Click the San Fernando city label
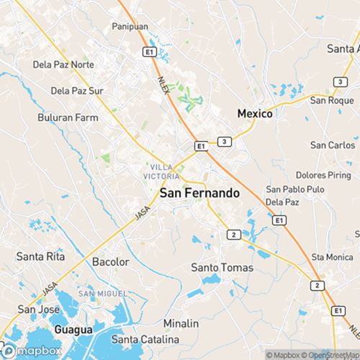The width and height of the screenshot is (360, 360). (199, 193)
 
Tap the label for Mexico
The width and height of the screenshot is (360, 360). (255, 114)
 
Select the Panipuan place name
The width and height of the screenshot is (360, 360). (130, 27)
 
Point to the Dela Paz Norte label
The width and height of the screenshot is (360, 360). (63, 64)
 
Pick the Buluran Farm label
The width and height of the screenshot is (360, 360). (68, 117)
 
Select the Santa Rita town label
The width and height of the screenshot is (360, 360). (40, 256)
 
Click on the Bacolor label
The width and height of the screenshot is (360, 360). (110, 261)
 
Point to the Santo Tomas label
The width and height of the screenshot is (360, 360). (222, 267)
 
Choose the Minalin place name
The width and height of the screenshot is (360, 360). (181, 323)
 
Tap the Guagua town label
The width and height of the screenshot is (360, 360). (73, 329)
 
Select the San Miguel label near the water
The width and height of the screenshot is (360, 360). (102, 293)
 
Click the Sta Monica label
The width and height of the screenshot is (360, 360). (328, 256)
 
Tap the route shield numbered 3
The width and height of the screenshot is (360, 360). (225, 141)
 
